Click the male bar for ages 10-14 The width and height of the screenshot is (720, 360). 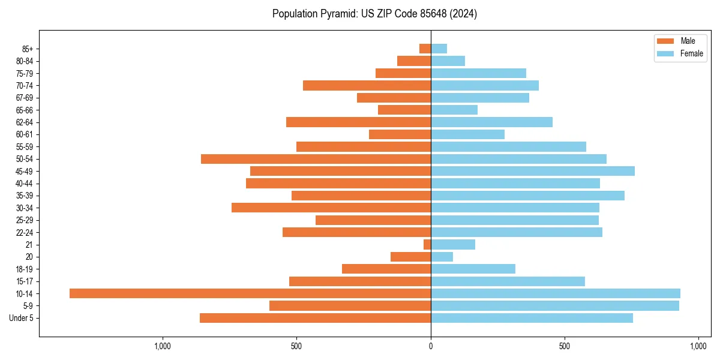(250, 293)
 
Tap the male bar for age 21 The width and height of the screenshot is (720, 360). (427, 244)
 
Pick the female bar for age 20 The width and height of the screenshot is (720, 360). (442, 257)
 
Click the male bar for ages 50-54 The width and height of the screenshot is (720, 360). (316, 159)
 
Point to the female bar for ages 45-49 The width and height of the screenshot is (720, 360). (533, 171)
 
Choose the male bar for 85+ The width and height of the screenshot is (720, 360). (425, 49)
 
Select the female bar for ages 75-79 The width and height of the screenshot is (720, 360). (478, 73)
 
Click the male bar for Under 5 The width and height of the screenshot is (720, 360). (315, 318)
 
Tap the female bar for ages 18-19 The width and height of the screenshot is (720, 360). (473, 269)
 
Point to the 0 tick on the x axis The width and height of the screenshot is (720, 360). (431, 346)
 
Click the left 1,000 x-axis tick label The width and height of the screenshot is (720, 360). (163, 346)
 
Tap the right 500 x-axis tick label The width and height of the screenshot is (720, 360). (564, 346)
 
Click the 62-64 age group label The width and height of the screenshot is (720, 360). (25, 122)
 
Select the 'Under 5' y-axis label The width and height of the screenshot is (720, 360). (21, 318)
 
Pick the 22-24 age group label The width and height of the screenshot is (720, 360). (25, 232)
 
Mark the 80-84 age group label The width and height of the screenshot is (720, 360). (25, 61)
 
